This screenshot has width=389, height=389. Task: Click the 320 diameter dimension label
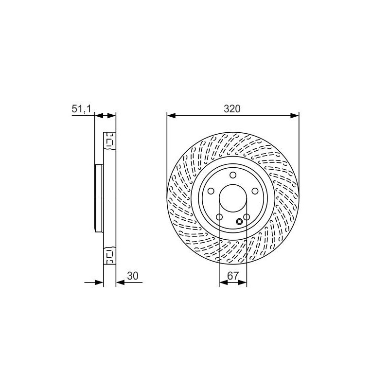(x=232, y=109)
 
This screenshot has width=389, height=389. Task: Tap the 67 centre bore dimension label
(x=233, y=276)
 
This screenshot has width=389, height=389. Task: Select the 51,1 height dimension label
(x=81, y=109)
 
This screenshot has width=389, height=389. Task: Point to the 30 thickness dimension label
(x=132, y=276)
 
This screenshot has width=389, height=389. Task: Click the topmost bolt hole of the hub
(x=233, y=175)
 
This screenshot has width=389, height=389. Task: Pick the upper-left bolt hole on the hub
(x=211, y=191)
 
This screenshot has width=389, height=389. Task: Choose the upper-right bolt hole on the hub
(x=255, y=191)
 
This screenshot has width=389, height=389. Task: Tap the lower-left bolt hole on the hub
(x=219, y=217)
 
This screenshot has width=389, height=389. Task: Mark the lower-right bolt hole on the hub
(x=247, y=217)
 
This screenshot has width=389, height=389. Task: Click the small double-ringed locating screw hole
(x=239, y=222)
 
